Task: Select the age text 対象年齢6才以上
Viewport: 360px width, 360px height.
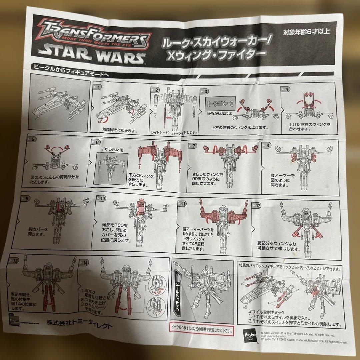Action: (x=302, y=32)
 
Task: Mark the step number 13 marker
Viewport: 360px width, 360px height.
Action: (x=14, y=261)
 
